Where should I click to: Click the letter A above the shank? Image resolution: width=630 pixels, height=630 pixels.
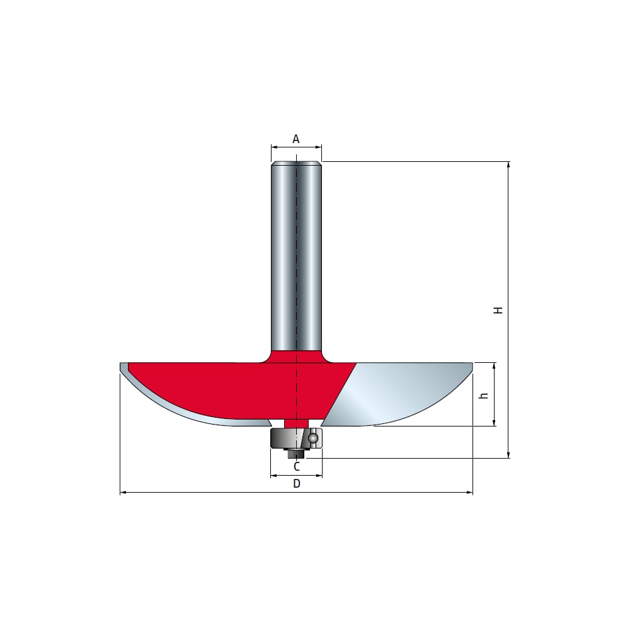point(295,139)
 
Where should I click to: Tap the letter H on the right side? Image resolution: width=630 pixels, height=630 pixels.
point(498,310)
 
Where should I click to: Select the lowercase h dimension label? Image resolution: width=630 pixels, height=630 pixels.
point(484,396)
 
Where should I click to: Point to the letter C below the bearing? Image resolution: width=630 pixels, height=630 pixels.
point(297,466)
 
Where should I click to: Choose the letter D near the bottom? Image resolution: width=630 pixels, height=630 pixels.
point(297,483)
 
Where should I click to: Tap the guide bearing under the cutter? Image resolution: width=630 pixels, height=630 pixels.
point(297,438)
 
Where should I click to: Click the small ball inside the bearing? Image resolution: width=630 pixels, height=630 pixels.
point(313,438)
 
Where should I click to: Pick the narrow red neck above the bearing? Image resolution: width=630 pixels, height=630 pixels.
point(297,423)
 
